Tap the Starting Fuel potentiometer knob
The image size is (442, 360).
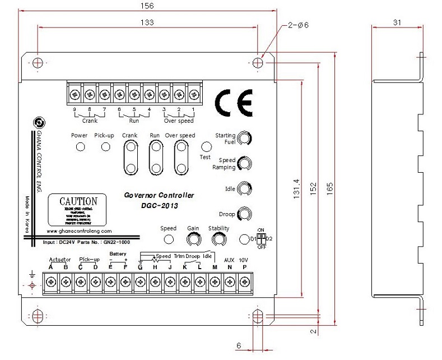click(x=244, y=138)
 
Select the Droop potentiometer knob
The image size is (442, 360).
click(x=244, y=214)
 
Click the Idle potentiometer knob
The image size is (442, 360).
click(x=244, y=188)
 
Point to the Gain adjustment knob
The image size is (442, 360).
click(x=193, y=239)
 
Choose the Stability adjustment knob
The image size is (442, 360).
click(x=218, y=239)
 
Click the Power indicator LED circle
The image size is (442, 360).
click(x=80, y=147)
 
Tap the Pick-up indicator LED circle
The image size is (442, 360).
click(x=105, y=147)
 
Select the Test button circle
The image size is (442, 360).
click(x=206, y=147)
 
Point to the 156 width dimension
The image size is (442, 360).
click(x=148, y=6)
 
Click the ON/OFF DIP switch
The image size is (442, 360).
click(x=260, y=238)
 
